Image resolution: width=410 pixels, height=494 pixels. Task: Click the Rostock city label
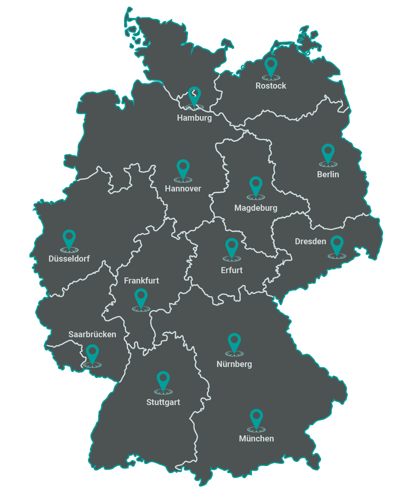(271, 86)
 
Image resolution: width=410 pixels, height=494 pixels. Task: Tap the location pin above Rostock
(271, 66)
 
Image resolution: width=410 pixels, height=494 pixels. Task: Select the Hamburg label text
(194, 118)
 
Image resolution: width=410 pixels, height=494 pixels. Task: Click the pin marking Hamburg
(194, 96)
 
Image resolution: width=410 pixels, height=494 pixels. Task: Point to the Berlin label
(328, 174)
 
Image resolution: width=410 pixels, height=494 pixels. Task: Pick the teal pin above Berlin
(328, 153)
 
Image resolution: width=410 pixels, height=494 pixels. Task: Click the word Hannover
(183, 189)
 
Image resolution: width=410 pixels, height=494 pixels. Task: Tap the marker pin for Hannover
(183, 169)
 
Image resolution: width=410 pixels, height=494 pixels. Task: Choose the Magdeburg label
(256, 208)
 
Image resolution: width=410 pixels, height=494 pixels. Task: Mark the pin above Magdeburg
(256, 186)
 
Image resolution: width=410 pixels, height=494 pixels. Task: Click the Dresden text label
(310, 241)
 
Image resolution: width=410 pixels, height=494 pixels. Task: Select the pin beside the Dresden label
(337, 245)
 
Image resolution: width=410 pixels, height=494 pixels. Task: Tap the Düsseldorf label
(69, 259)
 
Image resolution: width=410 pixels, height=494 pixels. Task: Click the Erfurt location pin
(232, 247)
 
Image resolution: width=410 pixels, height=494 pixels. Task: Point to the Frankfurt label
(141, 281)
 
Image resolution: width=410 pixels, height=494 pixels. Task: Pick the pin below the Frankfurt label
(141, 298)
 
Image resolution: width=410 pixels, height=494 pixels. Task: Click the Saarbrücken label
(92, 334)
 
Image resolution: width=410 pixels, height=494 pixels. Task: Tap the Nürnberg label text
(234, 364)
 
